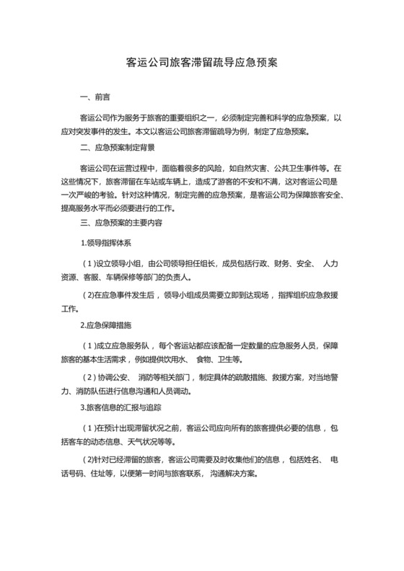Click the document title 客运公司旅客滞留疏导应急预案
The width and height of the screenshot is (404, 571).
click(202, 63)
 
